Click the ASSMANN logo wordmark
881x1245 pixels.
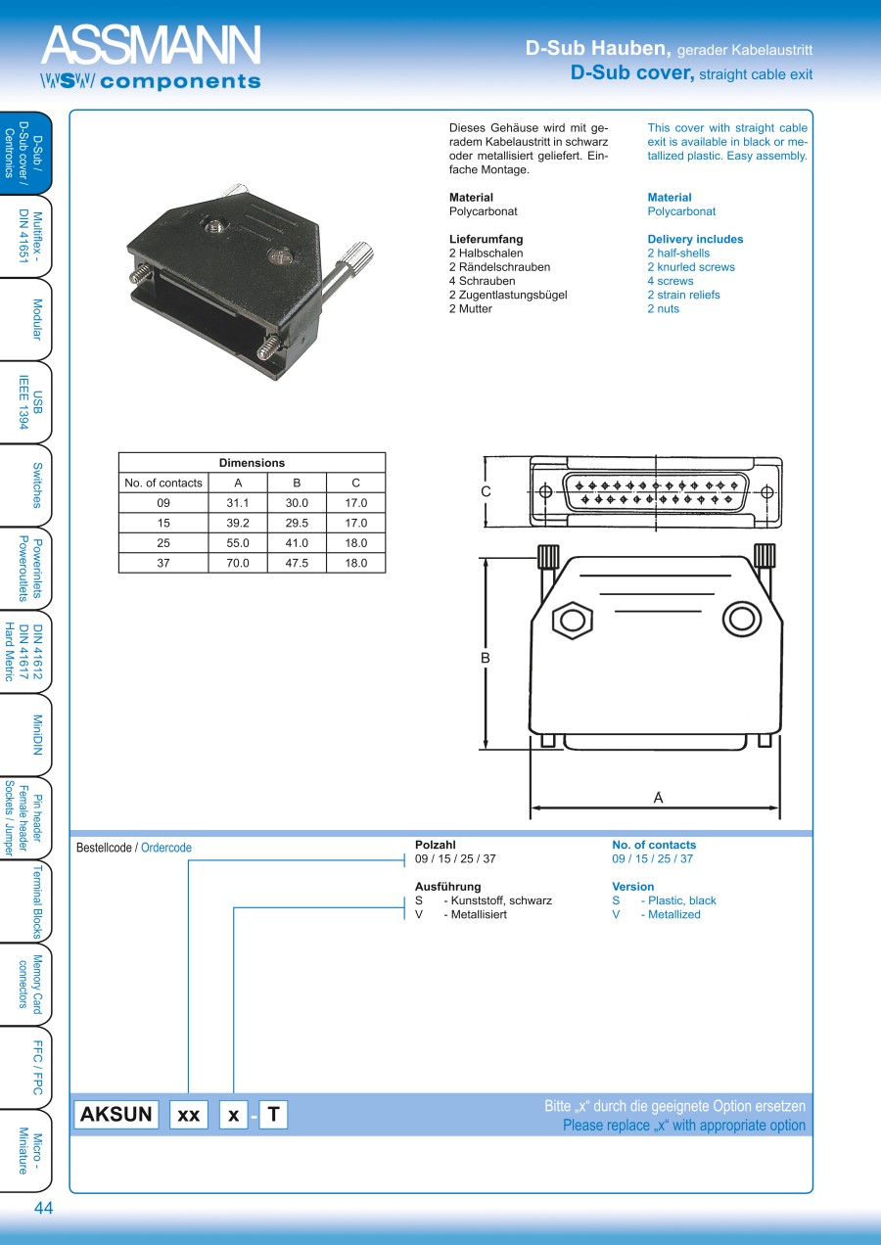[151, 46]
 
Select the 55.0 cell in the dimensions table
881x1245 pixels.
[238, 542]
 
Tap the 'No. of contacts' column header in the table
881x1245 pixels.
[163, 483]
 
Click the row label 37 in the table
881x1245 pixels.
[163, 563]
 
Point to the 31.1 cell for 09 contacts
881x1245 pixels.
[238, 502]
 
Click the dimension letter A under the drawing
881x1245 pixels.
[658, 798]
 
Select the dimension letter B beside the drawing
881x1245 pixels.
[485, 659]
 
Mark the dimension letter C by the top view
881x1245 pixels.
[486, 491]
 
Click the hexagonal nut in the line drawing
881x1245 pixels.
[573, 621]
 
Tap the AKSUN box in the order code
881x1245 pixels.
[116, 1114]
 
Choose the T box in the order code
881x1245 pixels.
[273, 1114]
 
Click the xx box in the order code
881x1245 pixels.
[189, 1115]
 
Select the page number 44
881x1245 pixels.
[43, 1208]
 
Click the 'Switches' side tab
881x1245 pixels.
[36, 484]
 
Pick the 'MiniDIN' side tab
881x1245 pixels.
[36, 735]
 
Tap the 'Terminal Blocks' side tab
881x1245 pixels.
[36, 901]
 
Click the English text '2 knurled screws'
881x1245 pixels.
[690, 267]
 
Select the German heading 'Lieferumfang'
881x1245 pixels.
[486, 239]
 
